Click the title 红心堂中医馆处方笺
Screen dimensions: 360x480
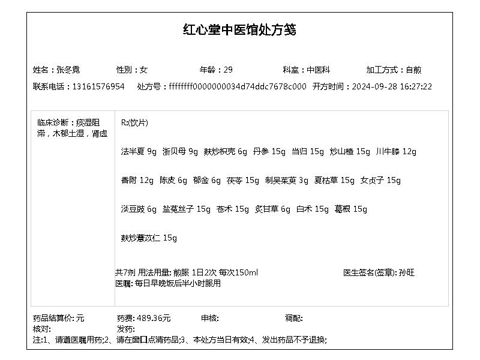tap(239, 30)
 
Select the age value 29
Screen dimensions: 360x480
tap(229, 70)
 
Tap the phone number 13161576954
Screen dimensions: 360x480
tap(98, 86)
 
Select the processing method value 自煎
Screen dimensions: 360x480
tap(413, 70)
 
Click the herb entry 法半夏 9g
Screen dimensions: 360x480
tap(139, 151)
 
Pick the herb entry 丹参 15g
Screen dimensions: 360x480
tap(269, 151)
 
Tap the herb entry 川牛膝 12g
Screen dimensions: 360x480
tap(396, 151)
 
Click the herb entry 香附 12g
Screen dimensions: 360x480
tap(137, 180)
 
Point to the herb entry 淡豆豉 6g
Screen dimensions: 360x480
tap(139, 209)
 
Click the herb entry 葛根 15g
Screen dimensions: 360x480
tap(351, 209)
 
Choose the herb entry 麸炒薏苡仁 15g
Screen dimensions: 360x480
tap(149, 238)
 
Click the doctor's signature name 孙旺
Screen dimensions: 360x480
tap(406, 272)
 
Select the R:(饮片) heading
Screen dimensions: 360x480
tap(134, 122)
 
